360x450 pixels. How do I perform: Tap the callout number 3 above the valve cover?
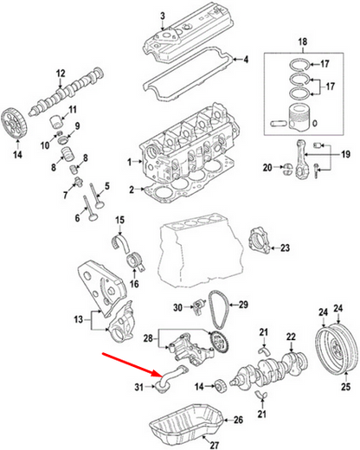click(x=162, y=16)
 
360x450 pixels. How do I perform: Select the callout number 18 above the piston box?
click(x=303, y=42)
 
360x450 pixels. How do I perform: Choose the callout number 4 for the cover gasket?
click(x=246, y=60)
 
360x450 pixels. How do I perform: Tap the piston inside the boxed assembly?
click(x=301, y=115)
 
